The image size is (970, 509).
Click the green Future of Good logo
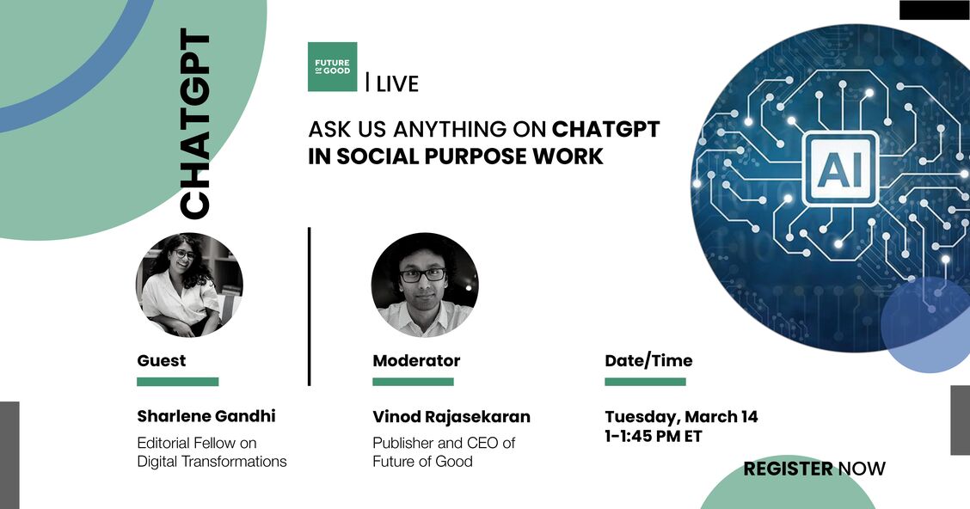tap(332, 67)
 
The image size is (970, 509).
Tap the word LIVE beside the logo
tap(397, 83)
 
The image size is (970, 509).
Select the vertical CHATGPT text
tap(194, 124)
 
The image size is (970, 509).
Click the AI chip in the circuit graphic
tap(839, 169)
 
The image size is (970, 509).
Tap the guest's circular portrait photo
tap(189, 285)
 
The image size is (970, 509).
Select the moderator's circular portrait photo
tap(425, 285)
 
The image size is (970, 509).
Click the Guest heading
tap(162, 360)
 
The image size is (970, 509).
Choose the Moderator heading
tap(416, 360)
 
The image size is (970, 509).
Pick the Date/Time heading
tap(648, 360)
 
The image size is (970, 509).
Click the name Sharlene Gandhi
tap(206, 416)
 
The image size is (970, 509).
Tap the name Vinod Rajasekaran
tap(451, 417)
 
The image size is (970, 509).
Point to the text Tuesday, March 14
tap(681, 417)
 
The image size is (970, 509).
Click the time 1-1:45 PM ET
tap(654, 437)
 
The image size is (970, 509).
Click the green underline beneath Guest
tap(177, 382)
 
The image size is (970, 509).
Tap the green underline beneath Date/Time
tap(645, 382)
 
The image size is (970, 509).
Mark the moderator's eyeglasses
tap(422, 274)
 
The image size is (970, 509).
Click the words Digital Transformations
tap(212, 462)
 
